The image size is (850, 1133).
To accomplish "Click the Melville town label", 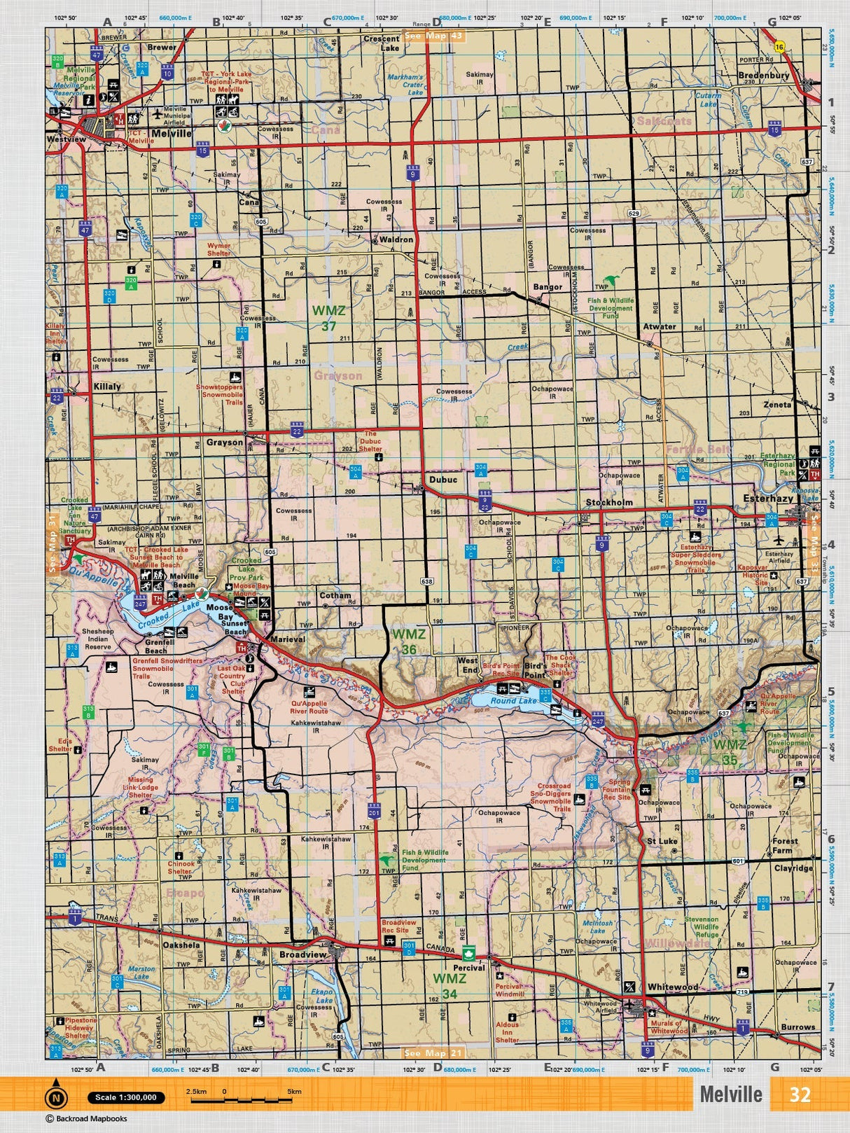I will click(171, 133).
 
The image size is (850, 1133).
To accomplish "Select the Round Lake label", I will click(513, 700).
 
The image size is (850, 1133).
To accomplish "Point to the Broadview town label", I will click(302, 954).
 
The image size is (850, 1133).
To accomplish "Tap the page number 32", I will click(800, 1094).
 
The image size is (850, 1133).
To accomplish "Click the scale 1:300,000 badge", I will click(126, 1097).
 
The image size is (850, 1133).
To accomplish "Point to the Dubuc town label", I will click(443, 480).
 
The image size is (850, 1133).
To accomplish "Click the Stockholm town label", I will click(609, 503).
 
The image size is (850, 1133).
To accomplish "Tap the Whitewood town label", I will click(672, 987).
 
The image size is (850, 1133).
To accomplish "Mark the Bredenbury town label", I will click(763, 75).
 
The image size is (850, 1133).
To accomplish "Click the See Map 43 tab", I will click(435, 36).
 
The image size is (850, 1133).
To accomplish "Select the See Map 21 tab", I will click(434, 1053).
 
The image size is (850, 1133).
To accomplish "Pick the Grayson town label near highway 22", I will click(224, 443).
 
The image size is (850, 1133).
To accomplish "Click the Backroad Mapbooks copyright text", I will click(87, 1119).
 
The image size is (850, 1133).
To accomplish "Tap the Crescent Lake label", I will click(381, 43).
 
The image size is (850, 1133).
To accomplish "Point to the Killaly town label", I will click(107, 386).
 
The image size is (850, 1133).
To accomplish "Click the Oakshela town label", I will click(181, 945).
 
